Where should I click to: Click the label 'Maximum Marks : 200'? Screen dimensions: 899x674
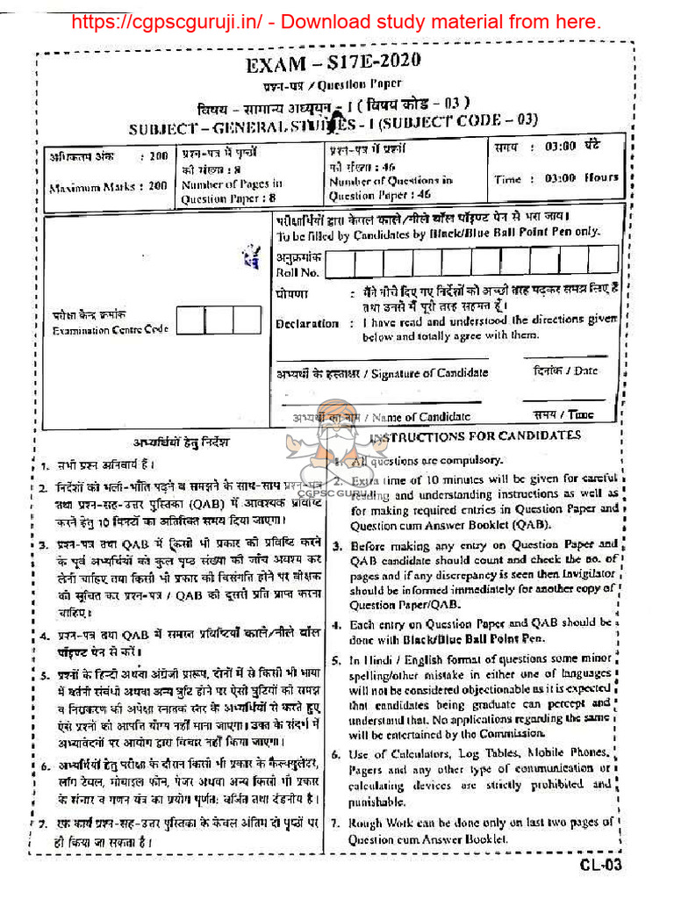coord(108,187)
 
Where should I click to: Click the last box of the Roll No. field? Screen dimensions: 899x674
coord(604,260)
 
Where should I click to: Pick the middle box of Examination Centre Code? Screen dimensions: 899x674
coord(219,320)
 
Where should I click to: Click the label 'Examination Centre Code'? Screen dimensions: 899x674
coord(110,330)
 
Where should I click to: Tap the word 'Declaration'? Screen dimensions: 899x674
coord(306,323)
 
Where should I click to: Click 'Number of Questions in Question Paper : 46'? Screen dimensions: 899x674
coord(391,188)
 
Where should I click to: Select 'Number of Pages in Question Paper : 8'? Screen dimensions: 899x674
coord(232,191)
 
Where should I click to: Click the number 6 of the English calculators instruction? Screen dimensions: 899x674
coord(336,754)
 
